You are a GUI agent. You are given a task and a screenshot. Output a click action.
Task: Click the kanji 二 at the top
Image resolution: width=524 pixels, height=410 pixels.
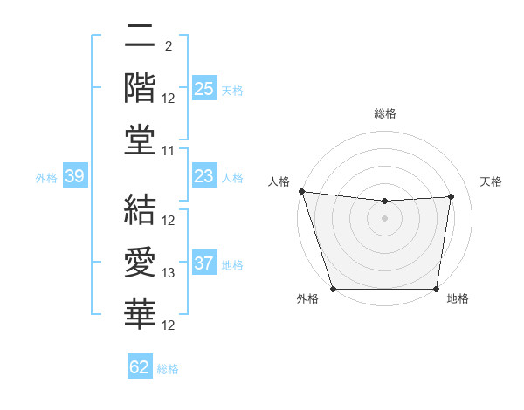[140, 36]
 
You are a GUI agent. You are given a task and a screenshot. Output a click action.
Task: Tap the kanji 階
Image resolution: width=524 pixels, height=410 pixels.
[140, 88]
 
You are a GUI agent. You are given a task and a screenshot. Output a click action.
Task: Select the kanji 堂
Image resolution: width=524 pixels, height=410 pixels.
[140, 140]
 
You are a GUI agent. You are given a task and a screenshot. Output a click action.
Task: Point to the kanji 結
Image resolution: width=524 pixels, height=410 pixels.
[140, 210]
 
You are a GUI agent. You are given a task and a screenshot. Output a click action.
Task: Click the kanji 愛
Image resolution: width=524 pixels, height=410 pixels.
[140, 263]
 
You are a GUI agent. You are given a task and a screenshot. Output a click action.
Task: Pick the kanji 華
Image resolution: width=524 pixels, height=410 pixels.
[140, 315]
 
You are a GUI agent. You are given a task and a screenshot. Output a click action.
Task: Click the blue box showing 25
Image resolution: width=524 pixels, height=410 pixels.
[203, 89]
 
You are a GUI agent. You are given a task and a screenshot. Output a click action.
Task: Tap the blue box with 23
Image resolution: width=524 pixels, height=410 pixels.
[203, 177]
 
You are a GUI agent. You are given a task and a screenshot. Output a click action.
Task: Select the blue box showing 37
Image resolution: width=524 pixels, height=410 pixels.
[203, 264]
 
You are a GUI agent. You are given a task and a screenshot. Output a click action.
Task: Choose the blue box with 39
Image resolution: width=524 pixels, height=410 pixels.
[74, 177]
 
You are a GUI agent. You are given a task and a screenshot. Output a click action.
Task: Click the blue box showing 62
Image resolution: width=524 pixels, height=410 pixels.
[140, 367]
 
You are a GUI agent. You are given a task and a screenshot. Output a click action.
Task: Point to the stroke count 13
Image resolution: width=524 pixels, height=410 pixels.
[169, 274]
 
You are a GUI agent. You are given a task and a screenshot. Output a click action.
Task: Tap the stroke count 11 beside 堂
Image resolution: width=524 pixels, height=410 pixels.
[169, 152]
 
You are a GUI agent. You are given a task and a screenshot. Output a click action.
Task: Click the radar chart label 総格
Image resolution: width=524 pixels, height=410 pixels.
[385, 113]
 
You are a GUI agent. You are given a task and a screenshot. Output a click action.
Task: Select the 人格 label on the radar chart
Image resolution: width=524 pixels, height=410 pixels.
[279, 181]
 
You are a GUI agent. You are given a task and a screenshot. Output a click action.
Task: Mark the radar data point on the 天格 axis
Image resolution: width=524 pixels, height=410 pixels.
[452, 196]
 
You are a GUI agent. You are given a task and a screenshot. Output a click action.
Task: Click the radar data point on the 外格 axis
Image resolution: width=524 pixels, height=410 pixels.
[333, 288]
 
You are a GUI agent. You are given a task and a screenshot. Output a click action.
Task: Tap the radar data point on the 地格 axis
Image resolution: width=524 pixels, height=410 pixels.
[437, 288]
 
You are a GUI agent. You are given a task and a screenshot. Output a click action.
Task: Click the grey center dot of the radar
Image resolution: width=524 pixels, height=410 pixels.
[385, 218]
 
